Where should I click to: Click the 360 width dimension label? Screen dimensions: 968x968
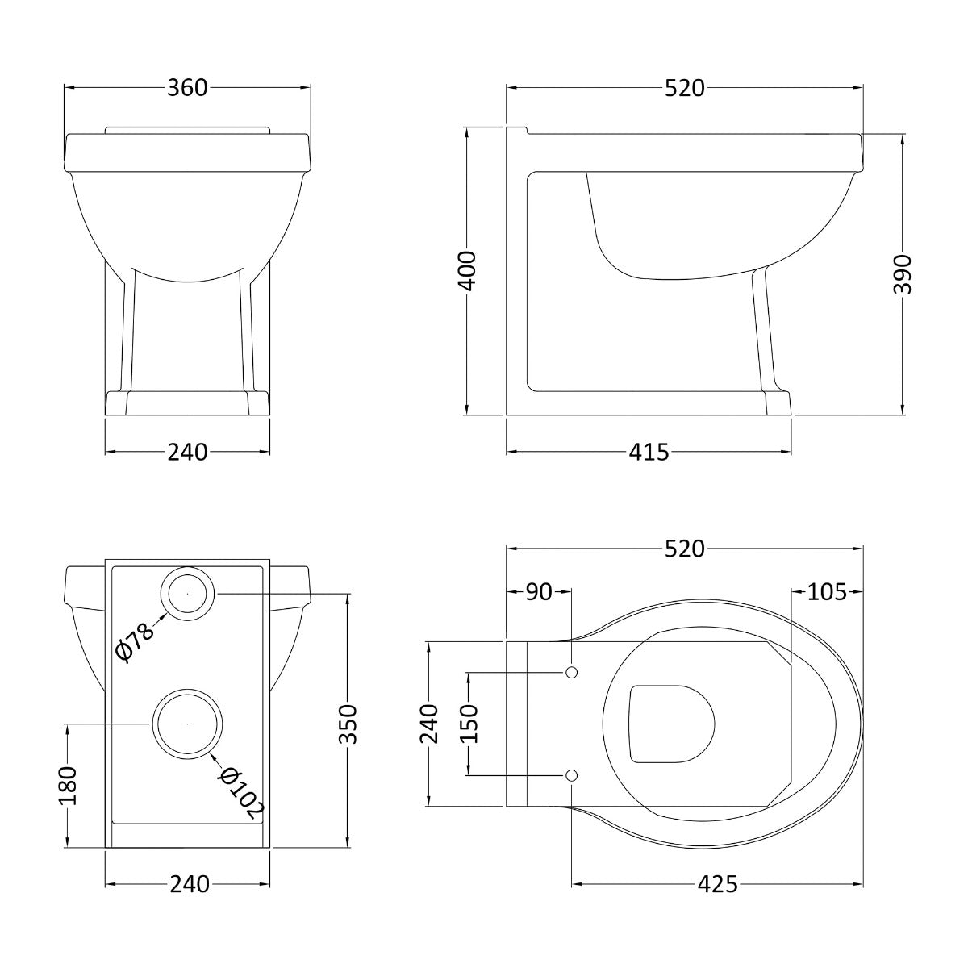(187, 88)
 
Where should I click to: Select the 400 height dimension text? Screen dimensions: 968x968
(468, 271)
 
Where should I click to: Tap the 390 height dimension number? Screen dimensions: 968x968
(903, 273)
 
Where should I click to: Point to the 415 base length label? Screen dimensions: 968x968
(649, 452)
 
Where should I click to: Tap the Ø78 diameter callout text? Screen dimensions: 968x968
(134, 642)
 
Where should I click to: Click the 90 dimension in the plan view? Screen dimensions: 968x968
(539, 592)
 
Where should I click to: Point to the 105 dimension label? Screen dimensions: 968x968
(827, 592)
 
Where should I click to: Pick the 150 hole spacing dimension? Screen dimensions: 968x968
(468, 724)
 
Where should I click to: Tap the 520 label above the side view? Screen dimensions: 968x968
(685, 89)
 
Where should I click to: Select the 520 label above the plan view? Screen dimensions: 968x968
(685, 549)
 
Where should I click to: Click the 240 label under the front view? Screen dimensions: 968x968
(187, 452)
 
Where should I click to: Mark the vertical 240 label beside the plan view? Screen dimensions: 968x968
(429, 724)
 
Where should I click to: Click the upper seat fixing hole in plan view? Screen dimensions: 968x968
(572, 673)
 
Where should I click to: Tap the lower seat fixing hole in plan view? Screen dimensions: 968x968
(572, 775)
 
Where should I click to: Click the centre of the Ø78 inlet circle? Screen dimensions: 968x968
(187, 593)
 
